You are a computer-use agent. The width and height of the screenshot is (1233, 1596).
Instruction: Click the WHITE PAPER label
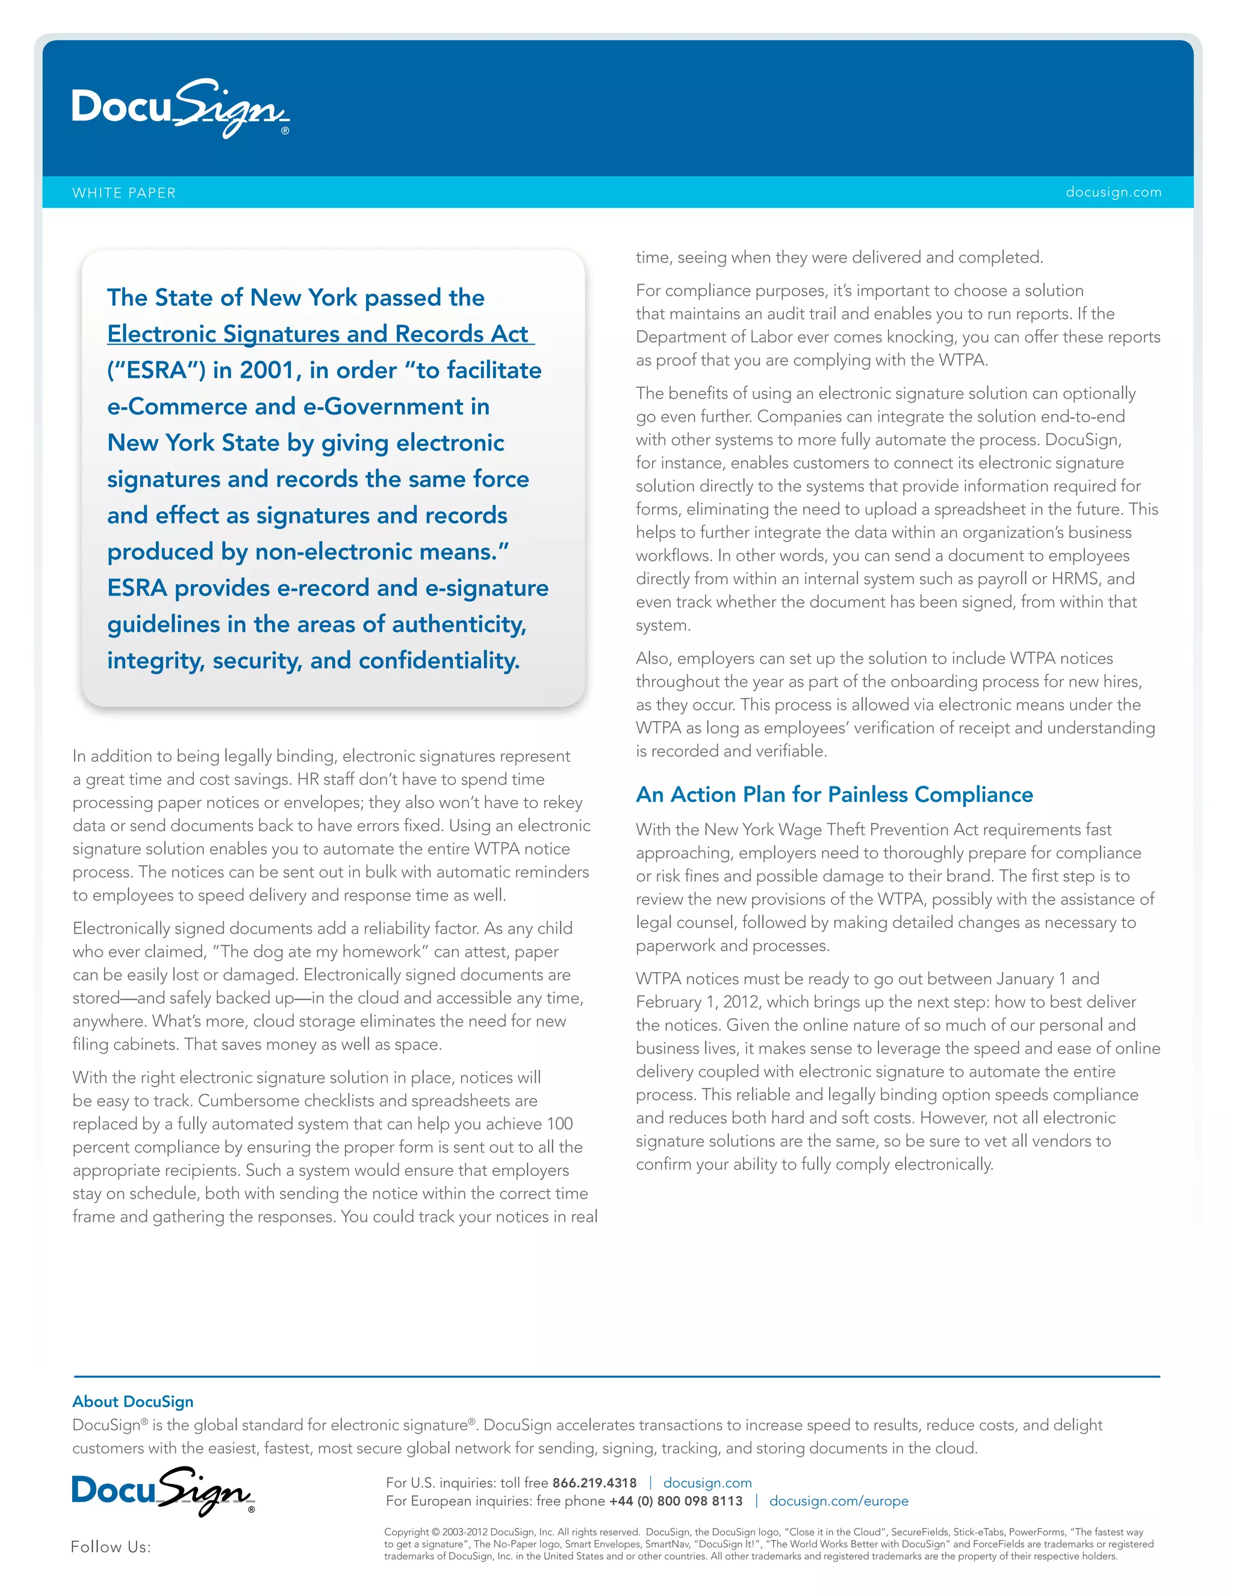pyautogui.click(x=124, y=193)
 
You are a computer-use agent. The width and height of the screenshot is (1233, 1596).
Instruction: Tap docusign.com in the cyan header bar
pyautogui.click(x=1113, y=192)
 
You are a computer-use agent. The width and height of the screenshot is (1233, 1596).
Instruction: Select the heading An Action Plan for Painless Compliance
pyautogui.click(x=834, y=794)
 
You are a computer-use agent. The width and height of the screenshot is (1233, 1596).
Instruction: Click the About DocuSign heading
pyautogui.click(x=133, y=1401)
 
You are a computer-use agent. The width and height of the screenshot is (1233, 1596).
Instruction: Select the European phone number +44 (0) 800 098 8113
pyautogui.click(x=676, y=1501)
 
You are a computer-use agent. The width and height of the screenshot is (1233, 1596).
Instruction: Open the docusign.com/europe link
pyautogui.click(x=839, y=1501)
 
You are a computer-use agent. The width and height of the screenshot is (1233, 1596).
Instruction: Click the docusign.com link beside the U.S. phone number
pyautogui.click(x=707, y=1483)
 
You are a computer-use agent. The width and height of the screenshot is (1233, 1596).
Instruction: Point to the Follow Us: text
pyautogui.click(x=110, y=1547)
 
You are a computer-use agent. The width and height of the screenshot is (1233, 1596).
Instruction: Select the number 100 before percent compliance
pyautogui.click(x=559, y=1124)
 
